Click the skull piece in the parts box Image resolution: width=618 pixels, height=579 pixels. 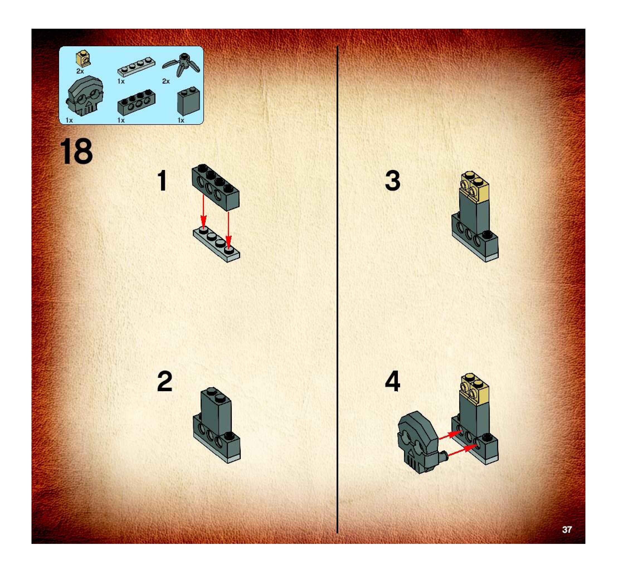(x=84, y=96)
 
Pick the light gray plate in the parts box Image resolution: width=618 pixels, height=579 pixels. (x=136, y=66)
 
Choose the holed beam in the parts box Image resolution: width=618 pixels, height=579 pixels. (x=136, y=102)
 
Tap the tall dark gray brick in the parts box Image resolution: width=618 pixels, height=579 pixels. (x=188, y=101)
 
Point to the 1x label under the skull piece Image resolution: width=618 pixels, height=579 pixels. (x=69, y=120)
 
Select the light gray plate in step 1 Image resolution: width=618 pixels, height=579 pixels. (x=216, y=245)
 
